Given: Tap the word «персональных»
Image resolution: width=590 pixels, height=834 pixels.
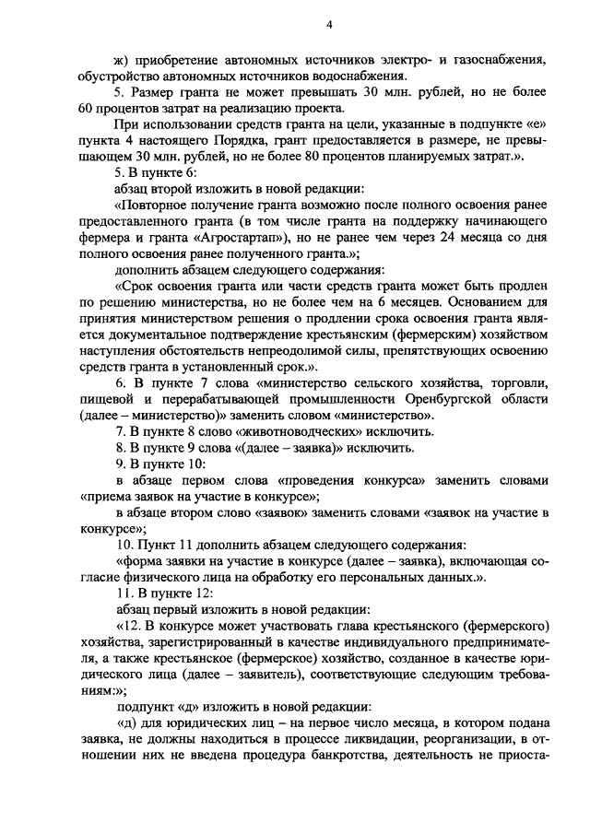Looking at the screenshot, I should (368, 576).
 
